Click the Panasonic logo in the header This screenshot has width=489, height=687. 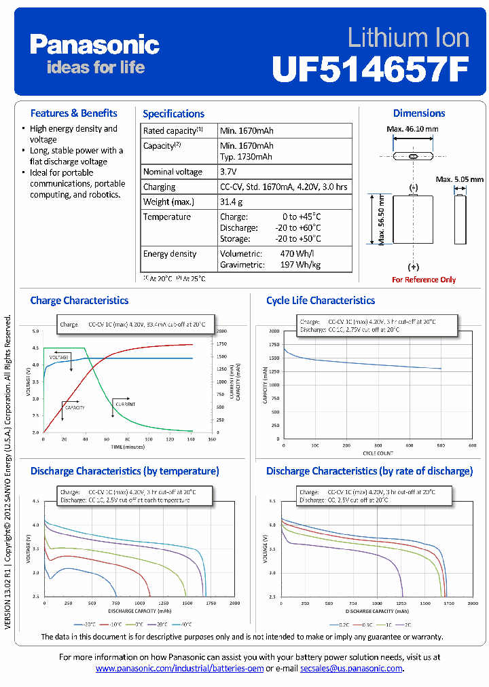tap(94, 46)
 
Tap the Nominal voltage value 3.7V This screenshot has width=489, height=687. tap(230, 172)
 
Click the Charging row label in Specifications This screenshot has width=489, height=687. tap(159, 187)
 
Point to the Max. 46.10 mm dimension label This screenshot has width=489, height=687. tap(412, 129)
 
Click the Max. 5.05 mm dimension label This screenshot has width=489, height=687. tap(460, 179)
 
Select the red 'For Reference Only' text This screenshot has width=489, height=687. tap(424, 280)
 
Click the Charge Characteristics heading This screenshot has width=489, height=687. tap(79, 300)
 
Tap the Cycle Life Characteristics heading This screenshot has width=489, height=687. tap(321, 300)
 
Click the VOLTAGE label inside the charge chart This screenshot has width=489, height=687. tap(59, 356)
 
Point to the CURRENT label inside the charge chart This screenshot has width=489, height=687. tap(125, 405)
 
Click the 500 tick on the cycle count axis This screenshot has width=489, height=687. tap(441, 446)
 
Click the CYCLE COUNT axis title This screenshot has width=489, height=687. tap(378, 452)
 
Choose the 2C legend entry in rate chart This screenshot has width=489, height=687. tap(407, 624)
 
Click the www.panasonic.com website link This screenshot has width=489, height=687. tap(179, 669)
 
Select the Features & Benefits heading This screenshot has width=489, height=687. tap(73, 113)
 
